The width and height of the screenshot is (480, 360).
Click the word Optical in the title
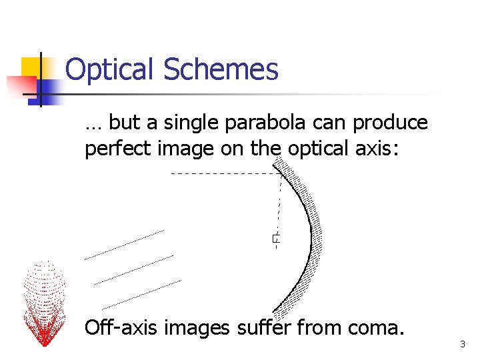point(110,69)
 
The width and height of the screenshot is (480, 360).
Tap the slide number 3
point(462,345)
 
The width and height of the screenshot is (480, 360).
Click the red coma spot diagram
point(44,303)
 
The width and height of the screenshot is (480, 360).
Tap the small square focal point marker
point(275,238)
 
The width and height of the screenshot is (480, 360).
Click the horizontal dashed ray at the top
point(223,173)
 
